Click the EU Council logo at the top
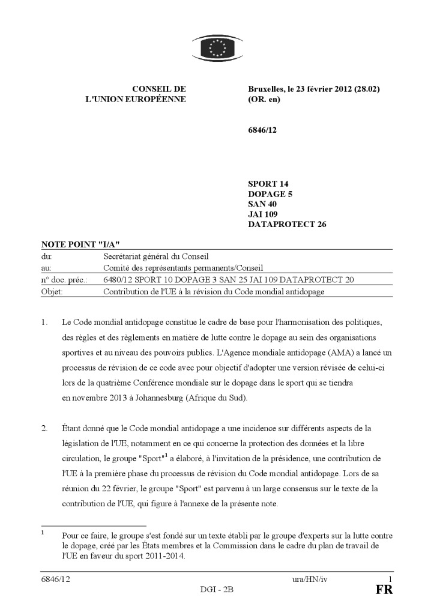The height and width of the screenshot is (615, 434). (x=217, y=47)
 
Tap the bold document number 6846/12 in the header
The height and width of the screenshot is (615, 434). (x=262, y=129)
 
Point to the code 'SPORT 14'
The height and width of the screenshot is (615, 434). (x=268, y=184)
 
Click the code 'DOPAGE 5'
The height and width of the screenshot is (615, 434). (x=270, y=194)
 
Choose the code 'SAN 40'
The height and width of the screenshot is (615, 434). (x=263, y=204)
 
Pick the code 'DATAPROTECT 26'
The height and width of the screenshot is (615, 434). (x=286, y=225)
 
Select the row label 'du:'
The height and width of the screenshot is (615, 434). (x=46, y=256)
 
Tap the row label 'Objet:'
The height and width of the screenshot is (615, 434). (x=52, y=292)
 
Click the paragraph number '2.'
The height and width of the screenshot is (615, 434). (x=44, y=428)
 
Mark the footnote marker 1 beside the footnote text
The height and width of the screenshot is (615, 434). (x=43, y=532)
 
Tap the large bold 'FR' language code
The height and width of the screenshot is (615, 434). (x=384, y=590)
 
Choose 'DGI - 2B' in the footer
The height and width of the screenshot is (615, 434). (x=217, y=589)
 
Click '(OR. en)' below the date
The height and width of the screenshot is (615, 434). (x=264, y=99)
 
